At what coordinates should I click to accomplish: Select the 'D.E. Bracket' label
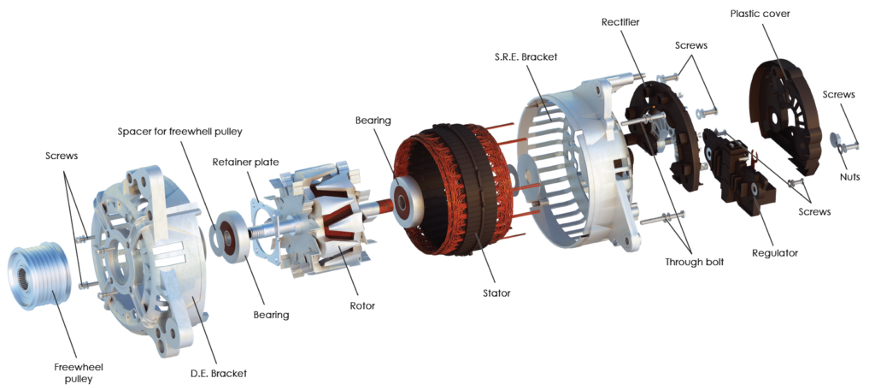click(x=219, y=373)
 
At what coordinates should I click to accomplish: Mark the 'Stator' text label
click(x=496, y=293)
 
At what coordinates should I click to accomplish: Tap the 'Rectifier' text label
click(x=620, y=22)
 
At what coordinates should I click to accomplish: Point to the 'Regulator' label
click(x=774, y=253)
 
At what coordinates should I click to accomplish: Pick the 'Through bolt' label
click(x=693, y=262)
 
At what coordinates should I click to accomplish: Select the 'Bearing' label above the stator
click(x=373, y=121)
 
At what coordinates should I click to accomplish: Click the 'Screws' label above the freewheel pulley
click(x=62, y=157)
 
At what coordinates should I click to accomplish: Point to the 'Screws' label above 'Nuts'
click(x=839, y=95)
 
